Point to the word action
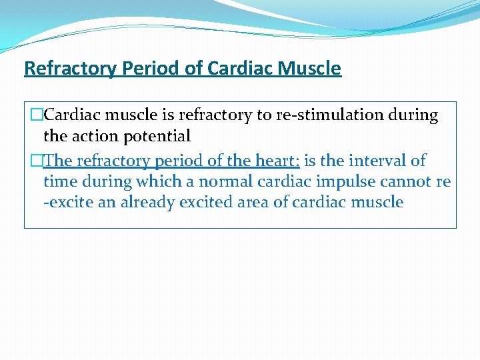[x=91, y=137]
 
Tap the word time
[x=59, y=182]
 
